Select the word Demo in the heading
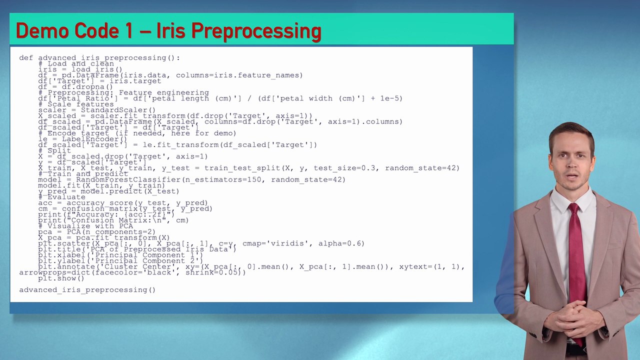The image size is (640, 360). [42, 31]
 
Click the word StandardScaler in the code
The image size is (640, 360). [118, 110]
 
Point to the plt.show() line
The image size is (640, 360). [61, 278]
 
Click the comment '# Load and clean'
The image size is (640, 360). [76, 64]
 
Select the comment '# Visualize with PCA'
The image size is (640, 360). [85, 226]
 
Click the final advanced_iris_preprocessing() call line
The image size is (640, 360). [87, 290]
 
